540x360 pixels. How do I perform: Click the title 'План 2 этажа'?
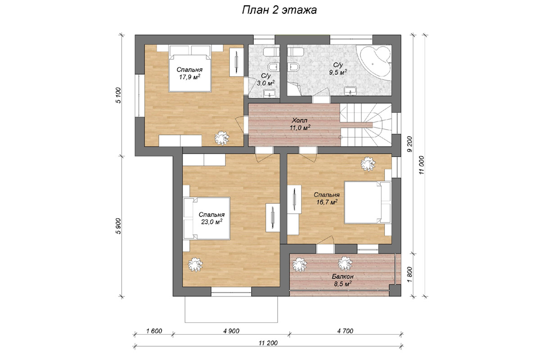[279, 10]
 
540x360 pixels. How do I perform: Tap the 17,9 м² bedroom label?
[189, 73]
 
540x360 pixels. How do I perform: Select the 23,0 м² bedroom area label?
[211, 218]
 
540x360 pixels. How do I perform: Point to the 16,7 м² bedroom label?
[327, 198]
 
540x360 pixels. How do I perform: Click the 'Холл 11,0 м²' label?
[300, 124]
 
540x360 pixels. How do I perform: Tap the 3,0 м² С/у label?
[265, 80]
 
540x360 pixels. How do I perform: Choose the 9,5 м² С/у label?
[338, 69]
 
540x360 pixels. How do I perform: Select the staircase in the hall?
[366, 125]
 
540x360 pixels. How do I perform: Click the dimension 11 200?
[268, 342]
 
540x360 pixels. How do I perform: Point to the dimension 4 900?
[231, 331]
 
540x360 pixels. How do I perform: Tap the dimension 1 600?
[154, 331]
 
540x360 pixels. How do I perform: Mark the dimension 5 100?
[118, 95]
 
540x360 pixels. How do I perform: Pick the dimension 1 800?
[409, 274]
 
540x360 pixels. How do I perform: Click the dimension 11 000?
[421, 165]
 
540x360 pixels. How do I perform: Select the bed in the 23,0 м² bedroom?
[207, 218]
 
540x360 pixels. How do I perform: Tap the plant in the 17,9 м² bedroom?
[222, 138]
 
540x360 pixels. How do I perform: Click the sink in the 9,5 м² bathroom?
[350, 91]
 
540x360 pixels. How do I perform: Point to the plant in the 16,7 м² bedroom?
[368, 164]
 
